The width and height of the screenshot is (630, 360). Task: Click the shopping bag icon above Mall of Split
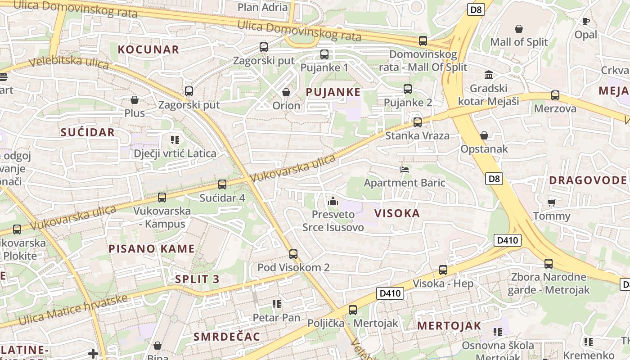click(x=519, y=29)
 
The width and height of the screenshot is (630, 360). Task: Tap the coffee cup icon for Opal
click(x=585, y=21)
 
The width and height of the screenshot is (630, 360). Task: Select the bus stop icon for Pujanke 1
click(x=324, y=54)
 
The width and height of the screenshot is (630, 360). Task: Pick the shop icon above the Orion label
click(x=286, y=92)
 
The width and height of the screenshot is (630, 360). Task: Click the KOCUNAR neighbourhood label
click(x=148, y=49)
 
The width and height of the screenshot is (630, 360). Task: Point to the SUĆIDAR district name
click(x=88, y=132)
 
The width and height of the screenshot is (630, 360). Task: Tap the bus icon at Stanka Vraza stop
click(x=418, y=122)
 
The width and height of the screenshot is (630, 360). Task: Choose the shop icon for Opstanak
click(x=484, y=135)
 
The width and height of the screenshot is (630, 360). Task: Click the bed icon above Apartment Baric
click(x=405, y=170)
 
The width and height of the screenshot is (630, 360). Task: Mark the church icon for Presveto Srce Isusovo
click(x=333, y=201)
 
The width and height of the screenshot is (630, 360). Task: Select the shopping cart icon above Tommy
click(x=551, y=202)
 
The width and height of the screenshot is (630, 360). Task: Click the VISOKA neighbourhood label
click(x=397, y=213)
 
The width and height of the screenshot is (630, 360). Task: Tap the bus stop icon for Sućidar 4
click(x=222, y=184)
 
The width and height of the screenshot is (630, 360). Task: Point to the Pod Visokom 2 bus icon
click(x=293, y=254)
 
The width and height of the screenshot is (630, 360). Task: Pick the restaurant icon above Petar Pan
click(x=276, y=304)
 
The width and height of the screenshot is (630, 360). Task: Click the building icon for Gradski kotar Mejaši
click(x=488, y=75)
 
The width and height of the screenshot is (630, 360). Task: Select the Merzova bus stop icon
click(x=555, y=95)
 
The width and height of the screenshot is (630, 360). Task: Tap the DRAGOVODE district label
click(x=588, y=180)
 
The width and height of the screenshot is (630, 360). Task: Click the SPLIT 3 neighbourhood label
click(x=197, y=279)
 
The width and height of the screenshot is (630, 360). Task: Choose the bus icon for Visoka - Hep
click(x=443, y=270)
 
